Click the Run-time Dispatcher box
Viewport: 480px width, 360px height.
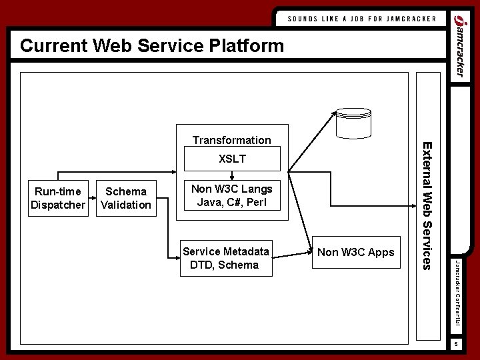point(59,198)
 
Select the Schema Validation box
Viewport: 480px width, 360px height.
point(125,198)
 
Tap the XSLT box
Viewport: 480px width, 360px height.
point(232,159)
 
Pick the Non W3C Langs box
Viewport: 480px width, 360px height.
point(232,196)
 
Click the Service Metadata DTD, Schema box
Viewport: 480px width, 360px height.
point(225,259)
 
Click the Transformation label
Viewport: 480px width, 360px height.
point(231,140)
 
